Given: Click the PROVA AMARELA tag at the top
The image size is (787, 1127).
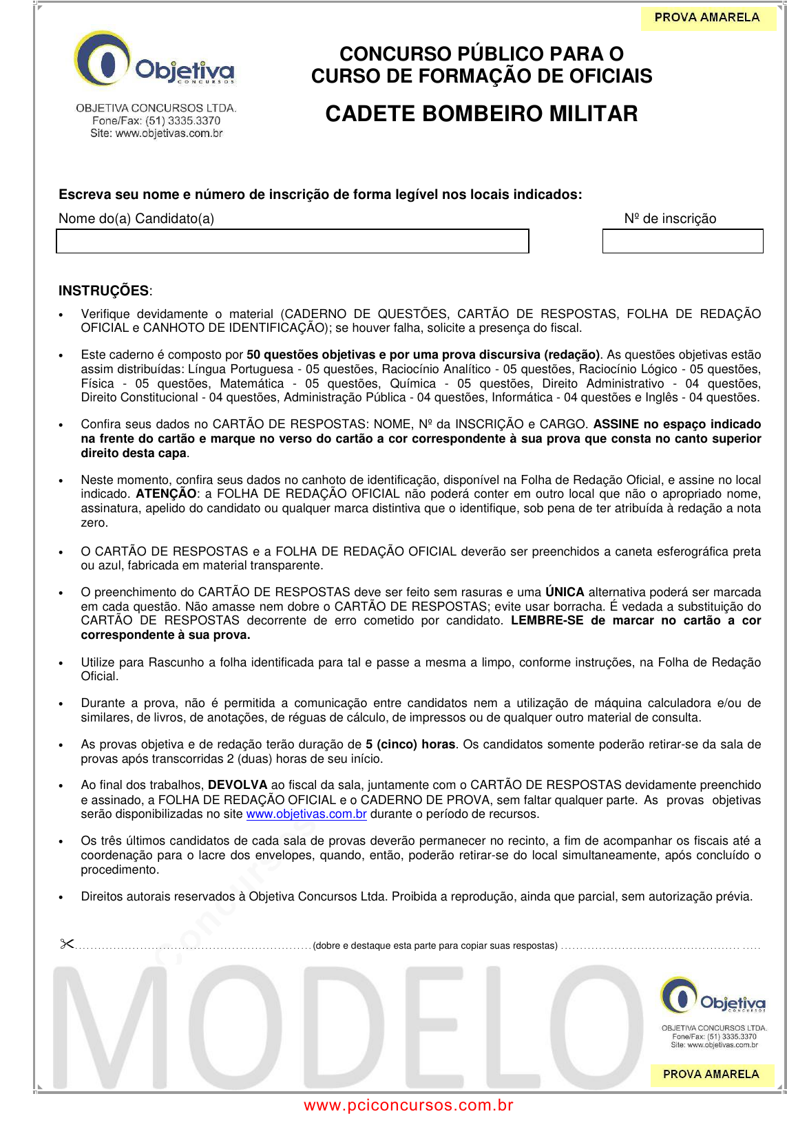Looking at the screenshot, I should (707, 18).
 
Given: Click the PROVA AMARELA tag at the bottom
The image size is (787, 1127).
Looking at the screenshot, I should (711, 1074).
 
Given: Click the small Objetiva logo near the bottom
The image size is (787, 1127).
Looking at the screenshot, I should (713, 996).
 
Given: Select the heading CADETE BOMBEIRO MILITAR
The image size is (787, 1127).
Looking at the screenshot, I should (481, 114).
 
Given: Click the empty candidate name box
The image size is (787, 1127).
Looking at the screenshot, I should (292, 242).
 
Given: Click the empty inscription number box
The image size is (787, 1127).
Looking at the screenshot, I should (682, 242).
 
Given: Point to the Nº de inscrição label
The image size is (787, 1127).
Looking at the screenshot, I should (670, 219).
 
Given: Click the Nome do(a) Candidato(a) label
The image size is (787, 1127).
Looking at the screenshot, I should (136, 219).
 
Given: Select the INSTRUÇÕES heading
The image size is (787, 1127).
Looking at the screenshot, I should (104, 291).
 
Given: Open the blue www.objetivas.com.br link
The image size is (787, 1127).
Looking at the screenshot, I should (306, 814).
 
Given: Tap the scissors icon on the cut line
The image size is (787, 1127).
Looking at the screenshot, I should (67, 944).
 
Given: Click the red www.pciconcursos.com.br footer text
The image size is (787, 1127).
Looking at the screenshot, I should (408, 1106).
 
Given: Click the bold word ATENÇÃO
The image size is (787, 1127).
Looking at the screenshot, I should (166, 494).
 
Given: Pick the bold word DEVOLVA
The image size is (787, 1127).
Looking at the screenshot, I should (238, 785).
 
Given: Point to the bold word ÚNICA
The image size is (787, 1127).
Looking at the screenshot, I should (565, 592).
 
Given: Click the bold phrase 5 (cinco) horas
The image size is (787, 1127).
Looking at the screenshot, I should (410, 744).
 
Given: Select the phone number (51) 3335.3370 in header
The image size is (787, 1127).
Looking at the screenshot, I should (182, 120).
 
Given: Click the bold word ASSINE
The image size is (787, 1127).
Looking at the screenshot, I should (616, 424).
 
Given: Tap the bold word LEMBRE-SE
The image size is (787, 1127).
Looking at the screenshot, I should (547, 620).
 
